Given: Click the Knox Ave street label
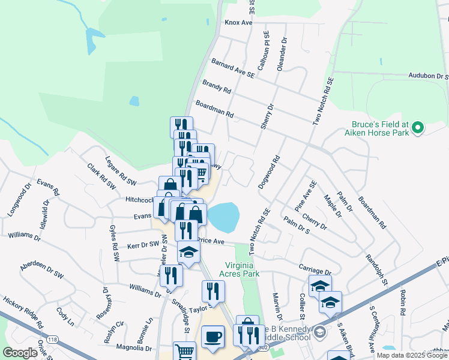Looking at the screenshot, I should click(238, 23).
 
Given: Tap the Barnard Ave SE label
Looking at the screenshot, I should click(233, 68).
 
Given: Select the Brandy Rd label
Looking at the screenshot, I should click(217, 87).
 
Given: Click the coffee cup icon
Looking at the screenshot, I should click(212, 337).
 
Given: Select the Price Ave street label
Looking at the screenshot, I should click(211, 241).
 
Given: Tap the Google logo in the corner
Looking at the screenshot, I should click(20, 353).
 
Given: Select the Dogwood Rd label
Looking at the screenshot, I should click(269, 173).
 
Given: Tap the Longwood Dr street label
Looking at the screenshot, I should click(17, 202).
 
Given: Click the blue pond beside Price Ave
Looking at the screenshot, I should click(223, 217).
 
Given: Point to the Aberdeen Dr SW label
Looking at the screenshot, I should click(41, 269).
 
